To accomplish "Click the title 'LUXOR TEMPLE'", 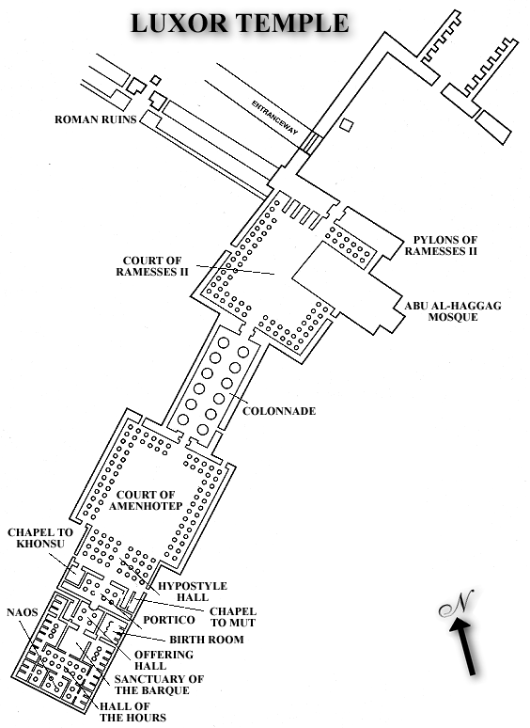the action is click(x=240, y=23).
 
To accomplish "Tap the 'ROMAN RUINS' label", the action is click(x=96, y=119).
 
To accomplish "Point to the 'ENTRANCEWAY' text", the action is click(x=274, y=118).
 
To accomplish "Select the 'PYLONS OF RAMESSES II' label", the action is click(x=441, y=245).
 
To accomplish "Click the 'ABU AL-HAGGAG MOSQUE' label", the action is click(x=453, y=311).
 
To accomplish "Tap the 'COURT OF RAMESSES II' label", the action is click(x=152, y=266).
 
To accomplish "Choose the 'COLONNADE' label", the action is click(x=279, y=411).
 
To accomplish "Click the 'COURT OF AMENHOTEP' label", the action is click(x=146, y=500).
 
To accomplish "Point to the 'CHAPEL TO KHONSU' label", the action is click(x=40, y=538).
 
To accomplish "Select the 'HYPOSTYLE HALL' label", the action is click(x=193, y=592).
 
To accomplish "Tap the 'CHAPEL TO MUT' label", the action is click(x=233, y=617).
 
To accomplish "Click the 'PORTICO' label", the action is click(x=169, y=620).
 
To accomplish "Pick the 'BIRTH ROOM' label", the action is click(x=207, y=640).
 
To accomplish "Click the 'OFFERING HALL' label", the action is click(x=164, y=659).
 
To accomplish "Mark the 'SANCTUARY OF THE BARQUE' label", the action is click(x=159, y=685).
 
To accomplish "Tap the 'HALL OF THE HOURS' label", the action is click(x=132, y=712).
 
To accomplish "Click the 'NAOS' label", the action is click(x=23, y=612).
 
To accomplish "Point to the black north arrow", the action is click(x=463, y=646).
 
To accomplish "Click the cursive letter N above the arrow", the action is click(x=457, y=604).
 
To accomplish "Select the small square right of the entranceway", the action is click(x=347, y=125).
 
